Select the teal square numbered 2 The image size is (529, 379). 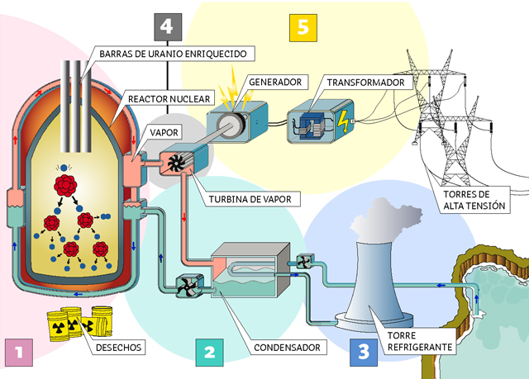click(x=209, y=353)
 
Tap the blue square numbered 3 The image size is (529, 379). click(x=364, y=353)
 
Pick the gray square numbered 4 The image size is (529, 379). click(x=168, y=26)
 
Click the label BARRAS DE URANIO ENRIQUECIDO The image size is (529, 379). click(x=173, y=53)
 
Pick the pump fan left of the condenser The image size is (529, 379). click(x=189, y=287)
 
